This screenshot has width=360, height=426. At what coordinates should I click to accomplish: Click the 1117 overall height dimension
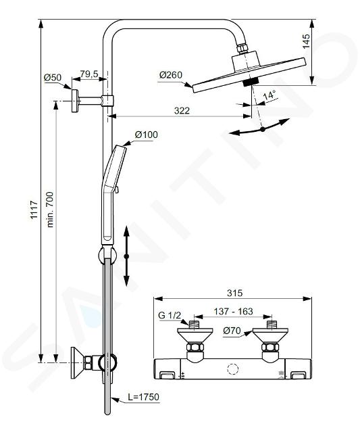pyautogui.click(x=34, y=210)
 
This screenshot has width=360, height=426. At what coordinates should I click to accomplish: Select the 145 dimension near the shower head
pyautogui.click(x=306, y=41)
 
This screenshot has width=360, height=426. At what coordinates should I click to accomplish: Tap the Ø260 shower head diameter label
pyautogui.click(x=171, y=74)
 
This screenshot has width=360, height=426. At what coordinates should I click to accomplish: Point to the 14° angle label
pyautogui.click(x=269, y=95)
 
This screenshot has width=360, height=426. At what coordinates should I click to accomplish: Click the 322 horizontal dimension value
pyautogui.click(x=182, y=111)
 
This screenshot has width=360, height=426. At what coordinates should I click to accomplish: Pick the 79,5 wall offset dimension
pyautogui.click(x=89, y=74)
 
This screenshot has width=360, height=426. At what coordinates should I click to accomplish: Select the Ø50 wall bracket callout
pyautogui.click(x=53, y=78)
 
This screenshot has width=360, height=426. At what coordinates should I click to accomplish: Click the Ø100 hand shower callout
pyautogui.click(x=147, y=134)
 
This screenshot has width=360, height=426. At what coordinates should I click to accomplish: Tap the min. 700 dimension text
pyautogui.click(x=51, y=210)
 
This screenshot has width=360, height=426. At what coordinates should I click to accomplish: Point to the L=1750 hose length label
pyautogui.click(x=143, y=397)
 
